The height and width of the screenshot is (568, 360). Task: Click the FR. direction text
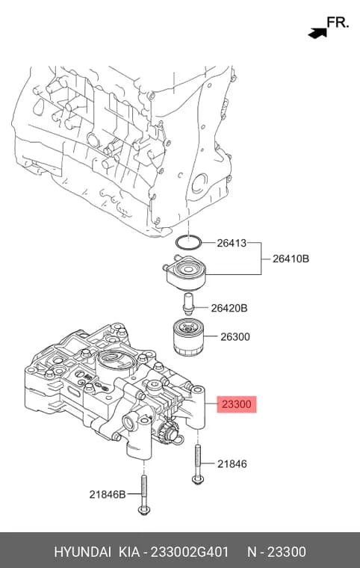(x=338, y=22)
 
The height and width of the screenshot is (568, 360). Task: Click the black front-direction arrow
(x=317, y=33)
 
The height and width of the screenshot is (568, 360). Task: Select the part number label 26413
(x=232, y=243)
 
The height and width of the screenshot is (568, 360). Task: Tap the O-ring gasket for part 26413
(x=188, y=242)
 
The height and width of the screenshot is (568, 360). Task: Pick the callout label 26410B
(x=291, y=259)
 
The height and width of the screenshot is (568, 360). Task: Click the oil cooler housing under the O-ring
(x=185, y=272)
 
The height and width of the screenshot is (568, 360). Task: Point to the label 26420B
(x=229, y=308)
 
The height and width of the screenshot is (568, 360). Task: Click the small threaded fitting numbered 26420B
(x=188, y=305)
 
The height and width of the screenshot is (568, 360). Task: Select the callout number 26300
(x=235, y=337)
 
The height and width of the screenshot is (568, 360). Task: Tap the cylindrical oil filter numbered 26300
(x=188, y=337)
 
